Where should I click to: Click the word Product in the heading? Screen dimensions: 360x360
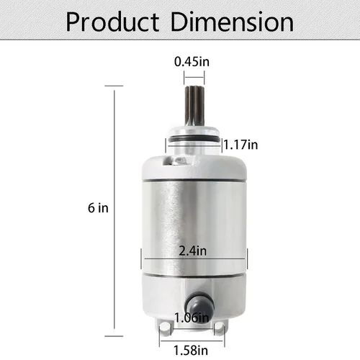112,22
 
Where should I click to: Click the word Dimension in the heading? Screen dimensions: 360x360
232,22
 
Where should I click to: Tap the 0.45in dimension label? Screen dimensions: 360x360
192,62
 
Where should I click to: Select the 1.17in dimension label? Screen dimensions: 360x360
240,145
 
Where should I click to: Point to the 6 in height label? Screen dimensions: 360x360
98,208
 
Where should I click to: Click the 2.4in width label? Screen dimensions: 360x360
193,251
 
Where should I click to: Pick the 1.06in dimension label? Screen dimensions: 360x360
192,318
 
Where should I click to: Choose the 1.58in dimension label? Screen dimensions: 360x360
191,351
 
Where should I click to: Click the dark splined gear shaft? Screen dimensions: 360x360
194,107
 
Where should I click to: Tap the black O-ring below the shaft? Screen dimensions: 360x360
194,140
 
